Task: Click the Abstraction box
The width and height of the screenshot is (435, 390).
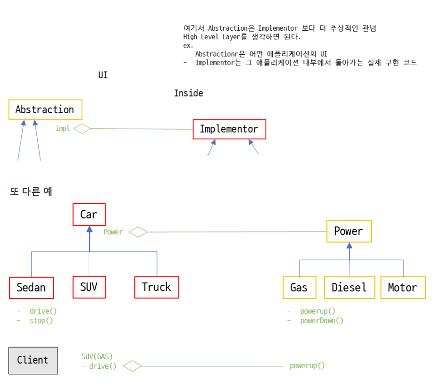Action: pyautogui.click(x=45, y=109)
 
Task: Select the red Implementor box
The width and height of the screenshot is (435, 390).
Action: pyautogui.click(x=229, y=129)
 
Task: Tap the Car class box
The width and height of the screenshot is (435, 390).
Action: pyautogui.click(x=89, y=215)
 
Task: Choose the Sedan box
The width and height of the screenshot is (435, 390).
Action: pyautogui.click(x=31, y=287)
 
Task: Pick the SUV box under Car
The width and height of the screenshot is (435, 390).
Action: pyautogui.click(x=89, y=287)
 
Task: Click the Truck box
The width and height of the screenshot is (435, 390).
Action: pyautogui.click(x=156, y=287)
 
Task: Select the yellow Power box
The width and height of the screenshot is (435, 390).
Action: pyautogui.click(x=349, y=231)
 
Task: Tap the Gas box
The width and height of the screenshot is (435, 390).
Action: pyautogui.click(x=299, y=287)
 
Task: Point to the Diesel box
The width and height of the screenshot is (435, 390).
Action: pyautogui.click(x=349, y=287)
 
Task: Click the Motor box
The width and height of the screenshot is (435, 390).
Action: pyautogui.click(x=403, y=287)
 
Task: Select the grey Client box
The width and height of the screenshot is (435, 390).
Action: pyautogui.click(x=33, y=360)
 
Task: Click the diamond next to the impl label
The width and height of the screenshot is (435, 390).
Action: pyautogui.click(x=82, y=128)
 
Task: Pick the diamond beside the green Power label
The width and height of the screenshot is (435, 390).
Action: pyautogui.click(x=138, y=232)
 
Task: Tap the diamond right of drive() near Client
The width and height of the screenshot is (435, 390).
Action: pyautogui.click(x=133, y=366)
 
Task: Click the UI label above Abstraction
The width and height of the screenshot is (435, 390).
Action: pyautogui.click(x=103, y=75)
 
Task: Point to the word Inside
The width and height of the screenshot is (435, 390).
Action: pyautogui.click(x=188, y=93)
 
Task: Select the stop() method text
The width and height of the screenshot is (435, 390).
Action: pyautogui.click(x=41, y=321)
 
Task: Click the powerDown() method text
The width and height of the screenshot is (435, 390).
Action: pyautogui.click(x=321, y=321)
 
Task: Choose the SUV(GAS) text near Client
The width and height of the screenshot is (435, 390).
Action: pyautogui.click(x=97, y=357)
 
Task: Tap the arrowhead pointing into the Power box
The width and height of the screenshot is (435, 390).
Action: pyautogui.click(x=349, y=245)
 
